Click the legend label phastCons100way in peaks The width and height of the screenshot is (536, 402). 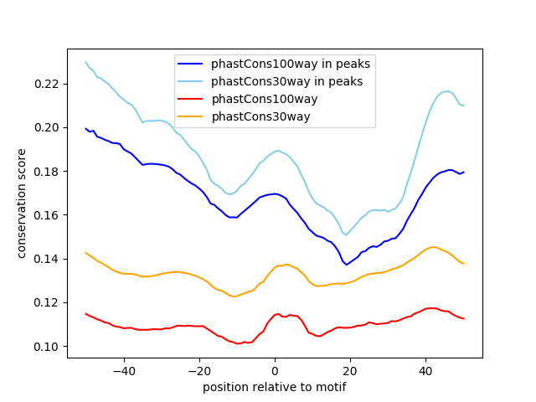click(291, 63)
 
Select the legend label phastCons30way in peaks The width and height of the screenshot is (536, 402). click(286, 80)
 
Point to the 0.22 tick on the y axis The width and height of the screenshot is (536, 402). click(48, 84)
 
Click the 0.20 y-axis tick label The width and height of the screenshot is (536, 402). click(48, 127)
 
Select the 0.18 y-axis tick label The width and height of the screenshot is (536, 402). click(48, 172)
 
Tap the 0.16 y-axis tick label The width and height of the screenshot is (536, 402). click(48, 215)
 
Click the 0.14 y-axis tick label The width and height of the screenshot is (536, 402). click(48, 259)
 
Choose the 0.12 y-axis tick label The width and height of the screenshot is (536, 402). click(48, 302)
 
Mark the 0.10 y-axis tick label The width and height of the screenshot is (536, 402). click(48, 347)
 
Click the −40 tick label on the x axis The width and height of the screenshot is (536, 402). click(123, 370)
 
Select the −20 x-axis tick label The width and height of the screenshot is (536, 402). click(198, 370)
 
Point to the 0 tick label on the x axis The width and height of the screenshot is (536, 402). click(275, 370)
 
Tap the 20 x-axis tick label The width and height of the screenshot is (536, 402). click(350, 370)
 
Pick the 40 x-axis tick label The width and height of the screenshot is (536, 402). click(425, 370)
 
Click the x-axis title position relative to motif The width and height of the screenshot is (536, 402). click(275, 387)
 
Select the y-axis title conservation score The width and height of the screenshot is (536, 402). click(23, 203)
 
